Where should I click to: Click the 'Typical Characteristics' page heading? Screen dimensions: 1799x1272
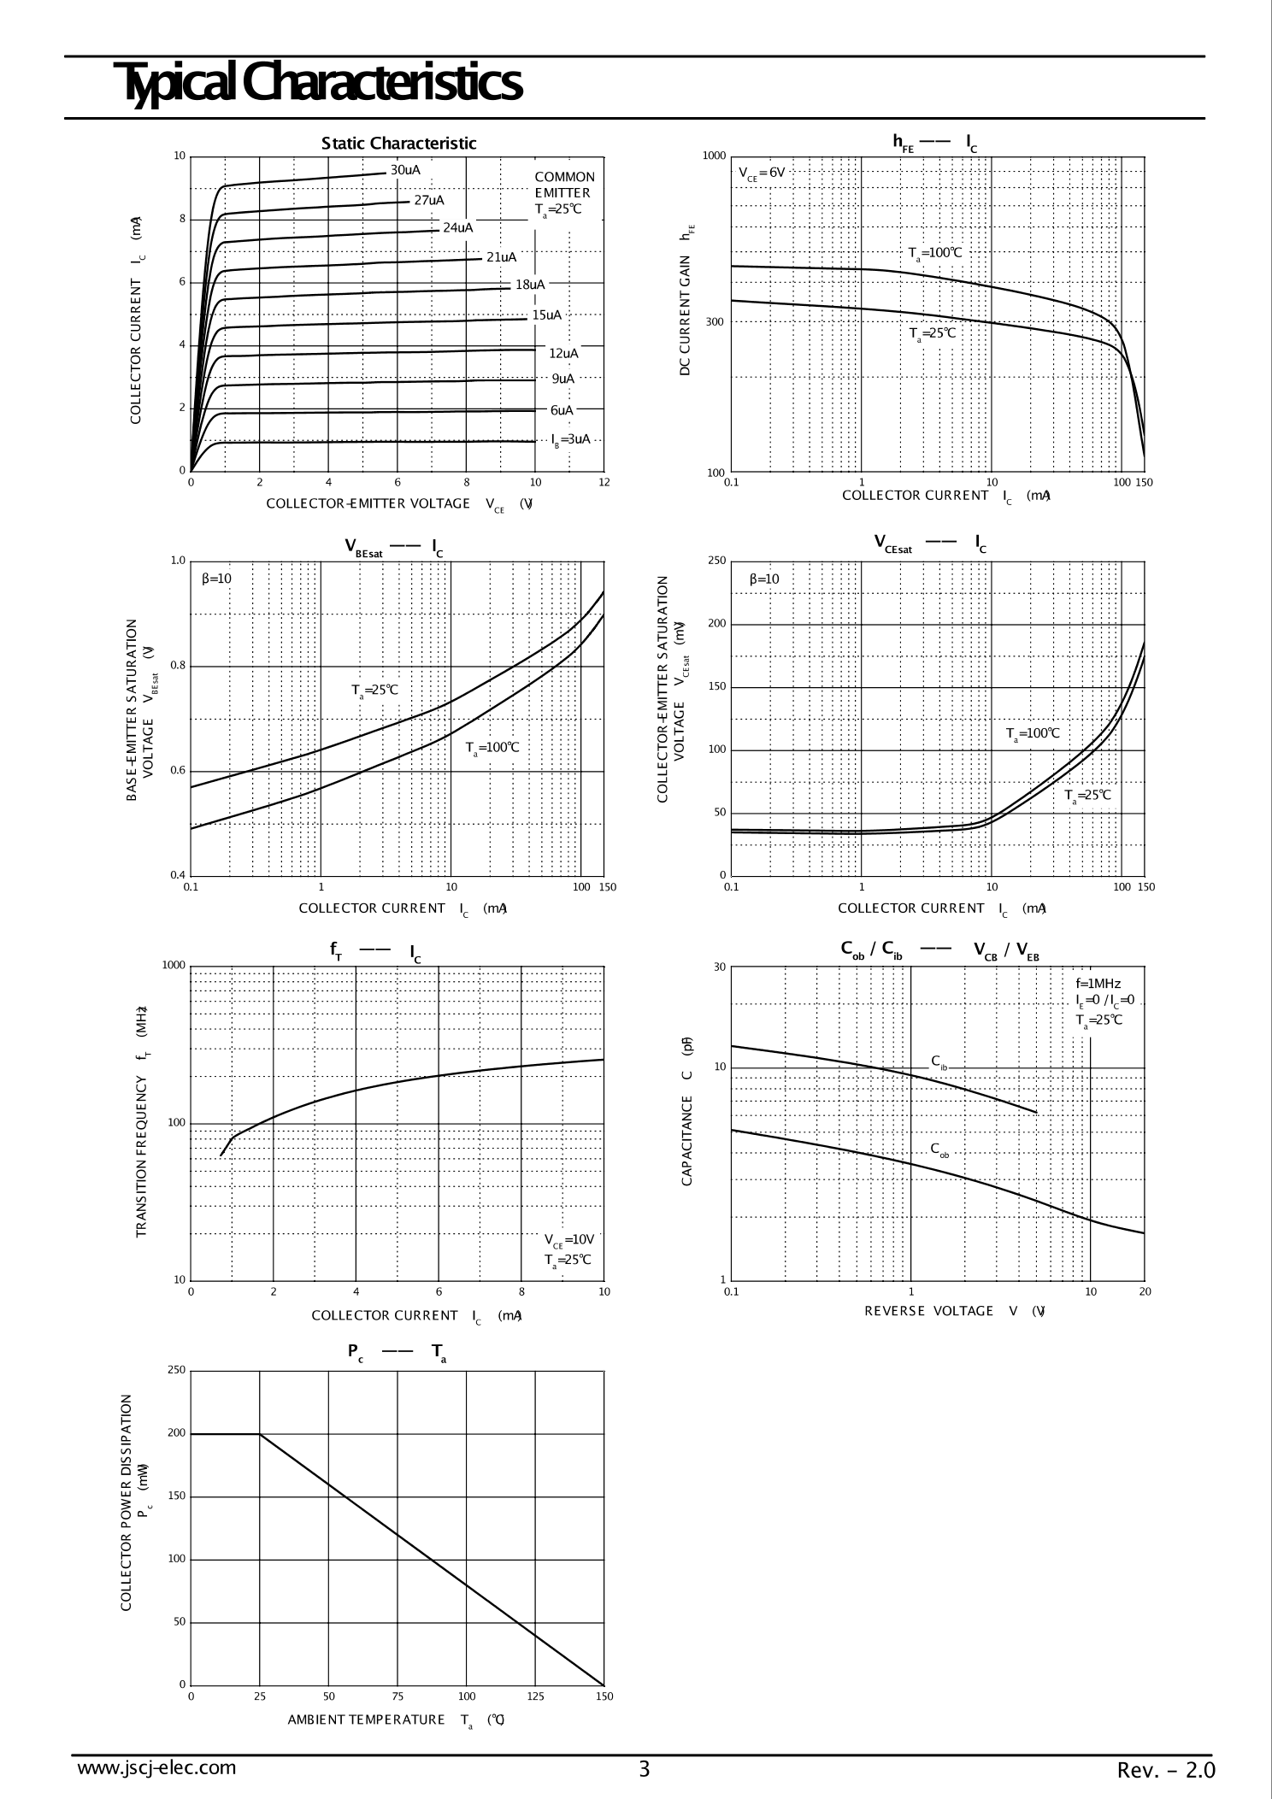[321, 84]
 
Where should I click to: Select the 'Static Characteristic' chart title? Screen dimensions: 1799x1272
[398, 144]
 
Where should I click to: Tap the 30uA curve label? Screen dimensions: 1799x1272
[405, 170]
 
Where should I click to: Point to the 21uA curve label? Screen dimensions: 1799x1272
[501, 257]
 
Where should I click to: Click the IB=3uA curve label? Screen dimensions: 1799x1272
[570, 439]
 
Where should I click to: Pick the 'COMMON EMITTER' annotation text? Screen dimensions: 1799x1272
[564, 185]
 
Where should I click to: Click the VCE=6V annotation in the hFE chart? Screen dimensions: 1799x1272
[762, 173]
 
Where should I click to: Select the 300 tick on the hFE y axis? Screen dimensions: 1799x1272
[715, 322]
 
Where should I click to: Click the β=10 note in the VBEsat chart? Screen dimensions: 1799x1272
[216, 579]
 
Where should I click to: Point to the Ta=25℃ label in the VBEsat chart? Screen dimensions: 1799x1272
[374, 691]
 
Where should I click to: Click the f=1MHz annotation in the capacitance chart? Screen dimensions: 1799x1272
[1098, 985]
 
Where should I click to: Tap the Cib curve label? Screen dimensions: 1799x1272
[939, 1063]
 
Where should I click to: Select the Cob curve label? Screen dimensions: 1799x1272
[939, 1149]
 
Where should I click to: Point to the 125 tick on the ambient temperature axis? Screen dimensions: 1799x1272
[535, 1696]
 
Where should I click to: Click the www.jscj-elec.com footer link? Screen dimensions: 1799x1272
[156, 1767]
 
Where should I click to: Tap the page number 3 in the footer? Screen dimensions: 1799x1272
[645, 1769]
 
